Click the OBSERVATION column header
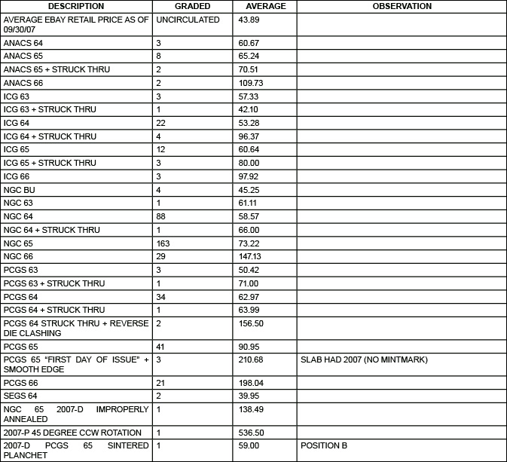pyautogui.click(x=402, y=6)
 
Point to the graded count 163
pyautogui.click(x=163, y=243)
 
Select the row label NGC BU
pyautogui.click(x=20, y=190)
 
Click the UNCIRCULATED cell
pyautogui.click(x=188, y=20)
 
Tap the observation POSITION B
pyautogui.click(x=324, y=446)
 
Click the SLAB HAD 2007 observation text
pyautogui.click(x=364, y=360)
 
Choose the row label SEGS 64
pyautogui.click(x=20, y=396)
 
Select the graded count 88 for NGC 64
pyautogui.click(x=160, y=216)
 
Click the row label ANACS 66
pyautogui.click(x=23, y=83)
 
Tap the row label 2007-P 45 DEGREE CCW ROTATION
pyautogui.click(x=72, y=433)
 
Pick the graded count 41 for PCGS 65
pyautogui.click(x=160, y=346)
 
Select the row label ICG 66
pyautogui.click(x=17, y=176)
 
